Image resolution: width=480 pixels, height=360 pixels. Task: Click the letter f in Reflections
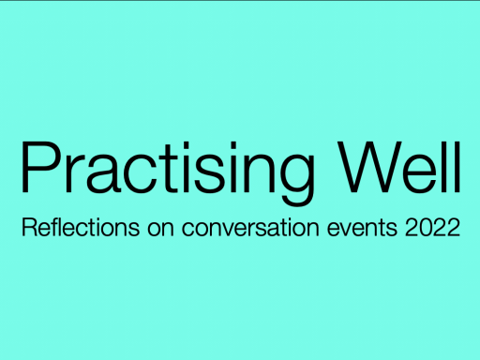tap(53, 228)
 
